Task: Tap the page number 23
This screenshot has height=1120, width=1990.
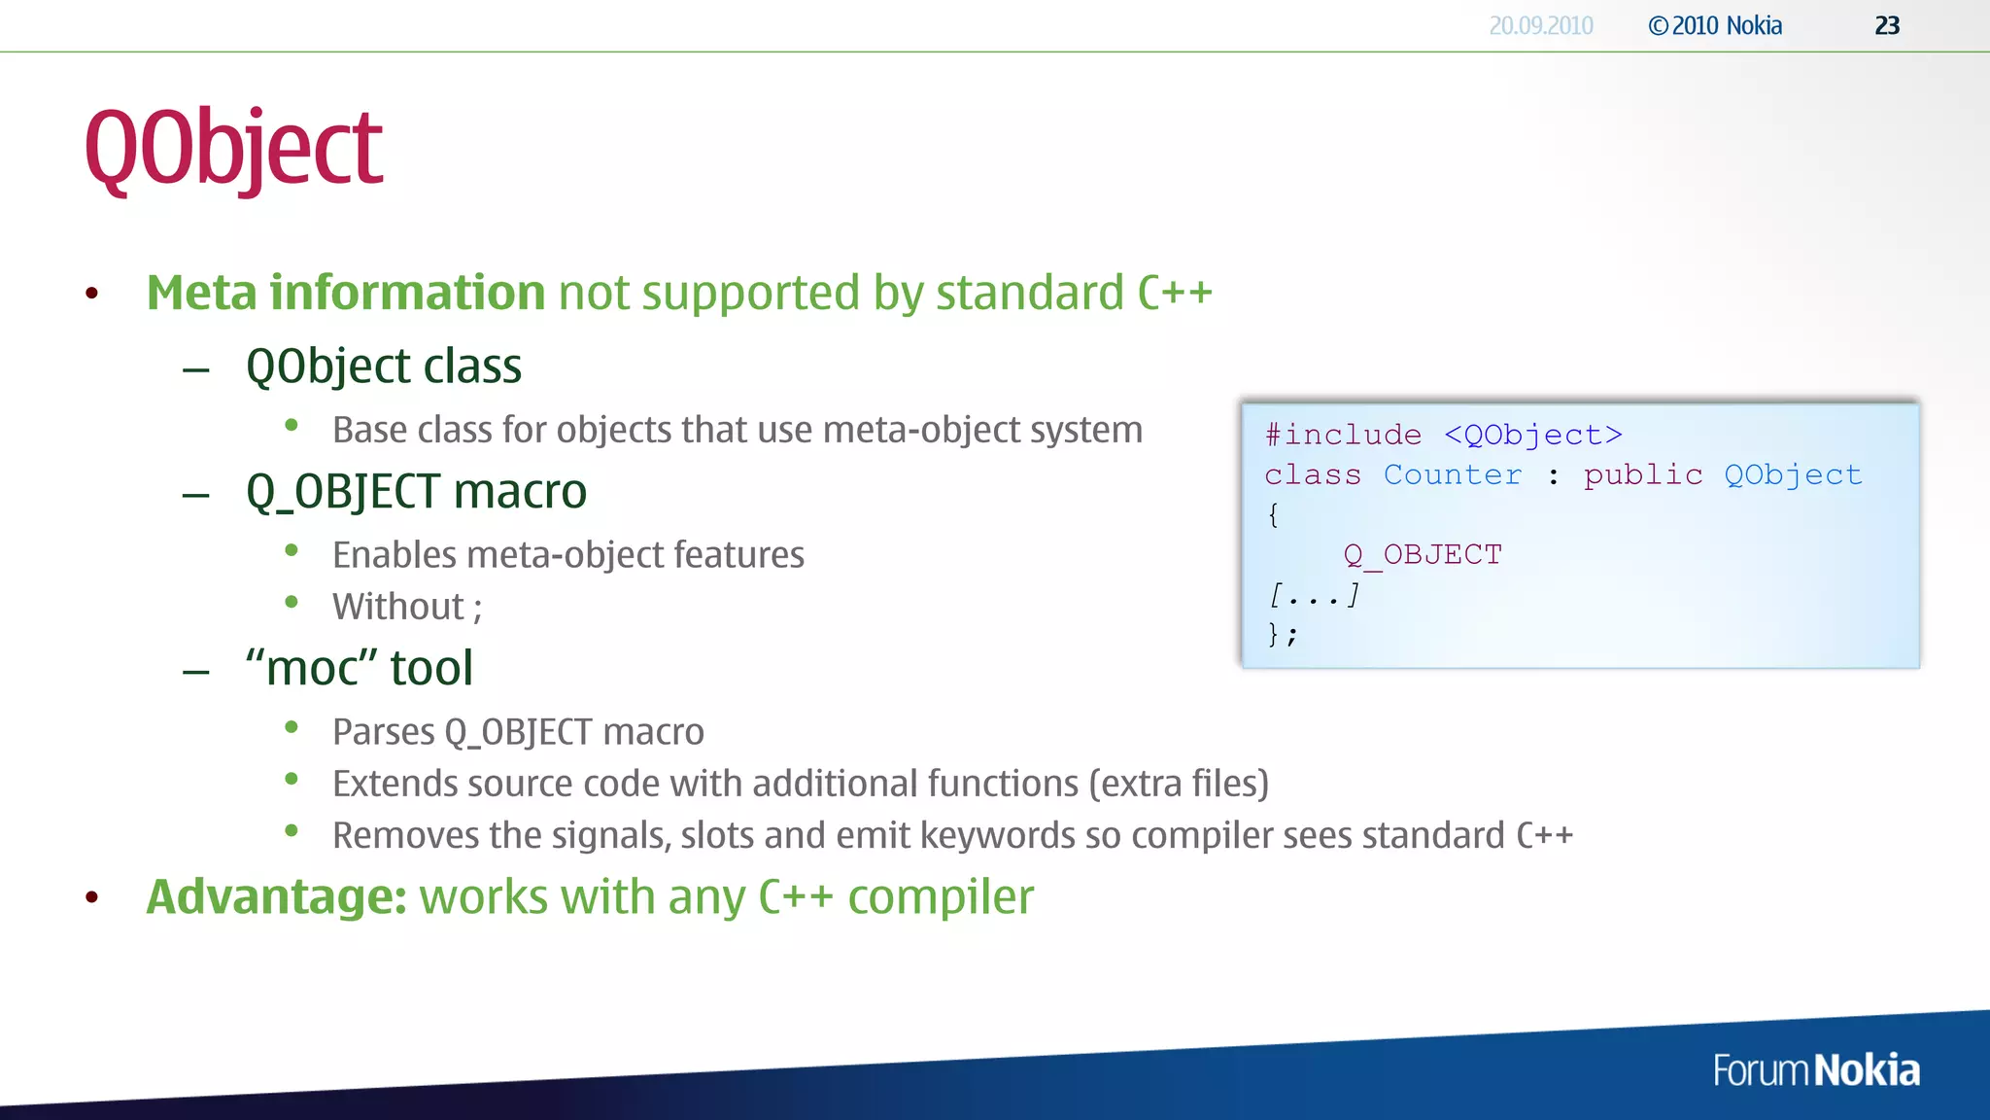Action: pos(1886,26)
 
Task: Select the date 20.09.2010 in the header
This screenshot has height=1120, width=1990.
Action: pos(1540,26)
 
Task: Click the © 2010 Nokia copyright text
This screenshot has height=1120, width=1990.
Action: pos(1715,26)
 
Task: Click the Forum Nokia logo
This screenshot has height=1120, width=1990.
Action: pos(1815,1070)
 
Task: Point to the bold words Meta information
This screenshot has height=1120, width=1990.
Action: pos(345,293)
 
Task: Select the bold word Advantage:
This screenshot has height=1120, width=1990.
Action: pos(276,896)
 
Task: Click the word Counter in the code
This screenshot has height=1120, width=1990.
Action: pos(1452,475)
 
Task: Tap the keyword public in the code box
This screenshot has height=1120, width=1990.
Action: pos(1642,475)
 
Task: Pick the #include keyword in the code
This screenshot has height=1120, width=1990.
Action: pos(1343,435)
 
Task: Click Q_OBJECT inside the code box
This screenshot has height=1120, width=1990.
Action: pos(1423,555)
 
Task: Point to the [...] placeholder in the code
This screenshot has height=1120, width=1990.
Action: pos(1314,594)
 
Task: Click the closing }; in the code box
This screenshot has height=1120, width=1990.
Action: pos(1282,635)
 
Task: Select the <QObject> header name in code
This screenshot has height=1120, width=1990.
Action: pos(1532,435)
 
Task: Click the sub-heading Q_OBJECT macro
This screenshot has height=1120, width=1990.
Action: pos(416,491)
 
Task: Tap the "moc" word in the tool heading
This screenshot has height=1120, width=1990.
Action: pos(311,668)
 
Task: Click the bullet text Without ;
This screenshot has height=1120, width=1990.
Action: pos(406,607)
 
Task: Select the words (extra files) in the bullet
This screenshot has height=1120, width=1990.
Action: pos(1178,784)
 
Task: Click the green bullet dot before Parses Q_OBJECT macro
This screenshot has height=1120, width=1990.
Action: pos(292,727)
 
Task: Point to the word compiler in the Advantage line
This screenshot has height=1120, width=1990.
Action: pos(940,896)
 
